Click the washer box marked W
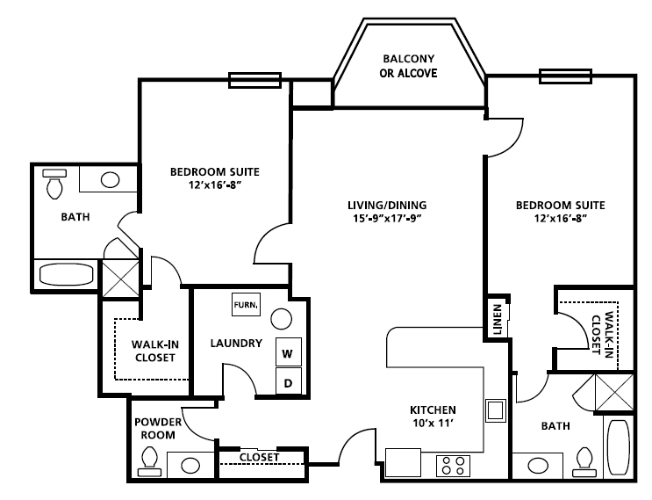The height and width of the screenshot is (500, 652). tap(289, 351)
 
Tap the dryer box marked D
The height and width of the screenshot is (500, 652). tap(289, 381)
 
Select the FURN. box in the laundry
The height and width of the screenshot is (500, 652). tap(247, 304)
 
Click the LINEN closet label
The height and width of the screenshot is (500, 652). tap(498, 319)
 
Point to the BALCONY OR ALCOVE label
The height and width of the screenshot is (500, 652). tap(408, 66)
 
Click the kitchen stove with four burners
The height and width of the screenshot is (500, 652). tap(453, 466)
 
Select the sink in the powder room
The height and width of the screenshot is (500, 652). tap(190, 465)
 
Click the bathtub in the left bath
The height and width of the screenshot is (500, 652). tap(66, 274)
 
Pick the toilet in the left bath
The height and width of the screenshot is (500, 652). tap(54, 184)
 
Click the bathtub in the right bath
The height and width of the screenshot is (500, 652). tap(619, 447)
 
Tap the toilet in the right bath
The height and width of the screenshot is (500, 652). tap(584, 462)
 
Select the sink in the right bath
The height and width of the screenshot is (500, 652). tap(538, 466)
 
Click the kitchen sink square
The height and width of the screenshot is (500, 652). tap(496, 410)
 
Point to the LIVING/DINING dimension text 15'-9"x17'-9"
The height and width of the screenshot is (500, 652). tap(387, 219)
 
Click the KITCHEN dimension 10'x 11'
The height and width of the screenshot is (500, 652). tap(433, 424)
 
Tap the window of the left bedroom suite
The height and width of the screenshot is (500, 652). tap(254, 80)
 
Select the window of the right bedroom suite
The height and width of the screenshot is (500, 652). tap(565, 76)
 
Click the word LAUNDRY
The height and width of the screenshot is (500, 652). tap(236, 343)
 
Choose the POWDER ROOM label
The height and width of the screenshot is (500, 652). tap(158, 429)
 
